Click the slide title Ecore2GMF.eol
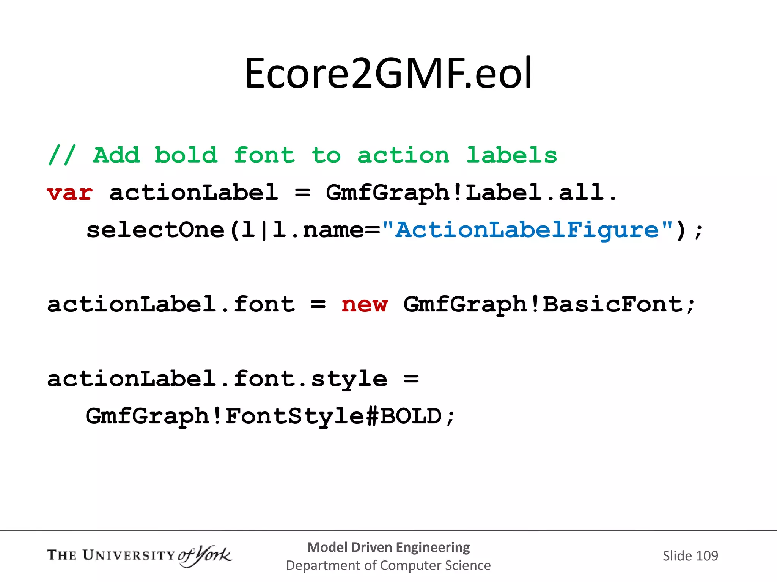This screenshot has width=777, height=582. click(388, 73)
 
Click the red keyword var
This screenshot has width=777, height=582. click(70, 193)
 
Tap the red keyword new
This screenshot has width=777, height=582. click(364, 305)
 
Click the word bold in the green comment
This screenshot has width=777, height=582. click(186, 155)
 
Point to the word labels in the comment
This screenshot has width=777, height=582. click(511, 155)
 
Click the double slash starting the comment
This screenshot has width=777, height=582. click(62, 155)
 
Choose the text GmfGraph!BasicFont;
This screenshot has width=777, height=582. click(549, 305)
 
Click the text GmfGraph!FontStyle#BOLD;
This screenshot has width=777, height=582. click(270, 416)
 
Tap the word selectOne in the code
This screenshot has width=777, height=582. click(156, 230)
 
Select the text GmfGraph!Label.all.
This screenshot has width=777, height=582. click(471, 193)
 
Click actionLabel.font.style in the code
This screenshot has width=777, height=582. click(217, 379)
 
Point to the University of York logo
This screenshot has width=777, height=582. click(139, 555)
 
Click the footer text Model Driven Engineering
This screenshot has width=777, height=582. click(388, 547)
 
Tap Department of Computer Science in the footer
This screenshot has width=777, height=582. click(388, 565)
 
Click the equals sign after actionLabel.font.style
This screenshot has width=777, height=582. click(411, 379)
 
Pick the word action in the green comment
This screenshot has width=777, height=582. click(403, 155)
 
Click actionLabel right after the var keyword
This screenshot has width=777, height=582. click(193, 193)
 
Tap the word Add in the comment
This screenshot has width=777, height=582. click(116, 155)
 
